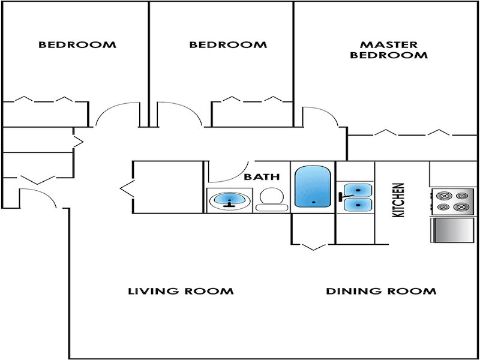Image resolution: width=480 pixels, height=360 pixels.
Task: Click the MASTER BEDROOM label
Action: point(389,50)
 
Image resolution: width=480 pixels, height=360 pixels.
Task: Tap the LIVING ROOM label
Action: point(181,291)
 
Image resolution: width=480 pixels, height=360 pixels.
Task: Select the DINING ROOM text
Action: point(381,291)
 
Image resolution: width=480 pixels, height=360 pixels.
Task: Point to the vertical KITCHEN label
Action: point(398,200)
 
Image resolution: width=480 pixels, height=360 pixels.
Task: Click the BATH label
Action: point(262,177)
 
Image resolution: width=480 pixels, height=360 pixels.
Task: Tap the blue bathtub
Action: point(313,187)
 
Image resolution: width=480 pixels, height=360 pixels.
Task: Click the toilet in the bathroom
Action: point(272,199)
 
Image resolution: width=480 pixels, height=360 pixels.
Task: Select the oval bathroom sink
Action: point(230,200)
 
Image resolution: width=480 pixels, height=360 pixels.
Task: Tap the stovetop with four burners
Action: point(452,202)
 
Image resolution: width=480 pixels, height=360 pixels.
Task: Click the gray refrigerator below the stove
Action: point(452,230)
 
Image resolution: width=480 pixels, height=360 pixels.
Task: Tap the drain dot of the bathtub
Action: point(313,202)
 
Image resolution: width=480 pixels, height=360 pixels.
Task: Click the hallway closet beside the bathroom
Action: point(168,187)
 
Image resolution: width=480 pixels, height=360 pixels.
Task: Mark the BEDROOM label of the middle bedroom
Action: point(228,44)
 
